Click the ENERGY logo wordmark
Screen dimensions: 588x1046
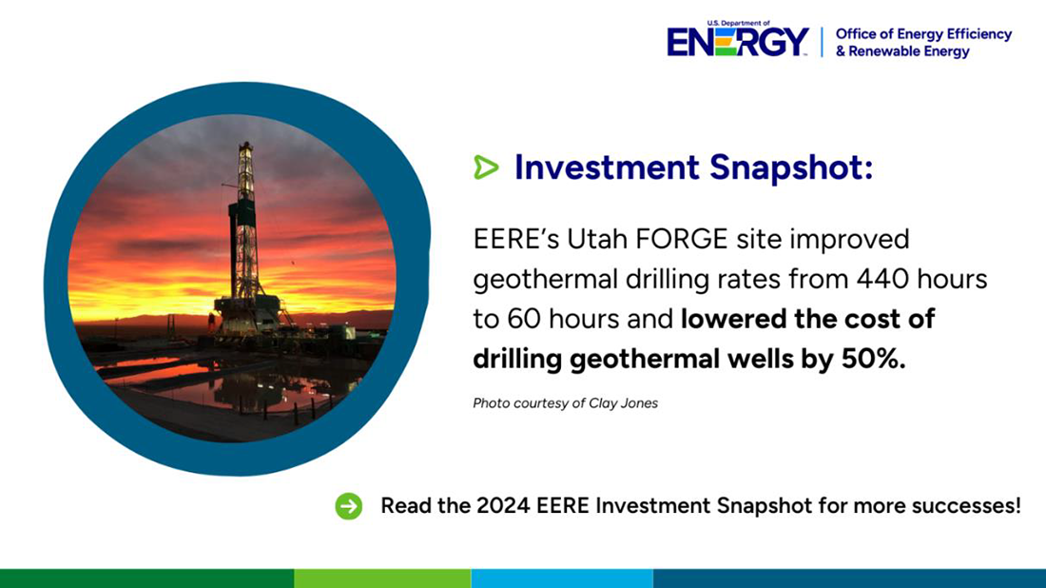(738, 42)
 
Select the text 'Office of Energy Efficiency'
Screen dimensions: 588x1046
(923, 34)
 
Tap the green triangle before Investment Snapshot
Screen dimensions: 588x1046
(486, 168)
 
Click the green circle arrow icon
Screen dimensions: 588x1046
(349, 506)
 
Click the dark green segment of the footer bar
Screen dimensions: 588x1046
(146, 578)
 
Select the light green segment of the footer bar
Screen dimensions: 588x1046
(382, 578)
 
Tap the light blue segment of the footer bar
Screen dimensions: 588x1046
(561, 578)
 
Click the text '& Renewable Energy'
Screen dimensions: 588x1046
(902, 51)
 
